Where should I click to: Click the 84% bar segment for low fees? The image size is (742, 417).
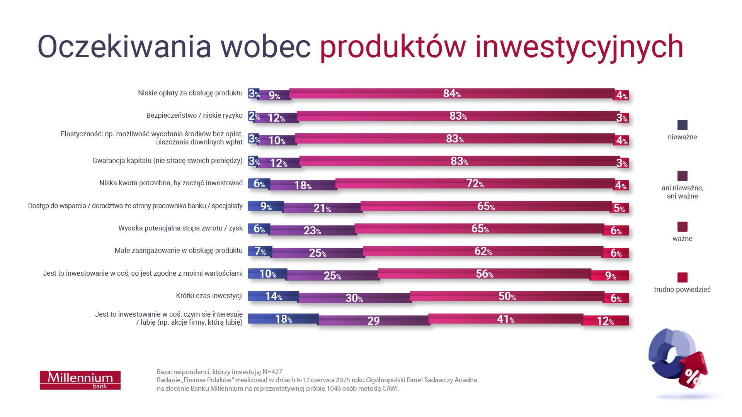coord(451,93)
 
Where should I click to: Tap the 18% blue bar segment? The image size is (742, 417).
coord(283,319)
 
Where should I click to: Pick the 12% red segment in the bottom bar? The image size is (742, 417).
coord(605,321)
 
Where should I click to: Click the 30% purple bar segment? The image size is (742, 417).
coord(354,298)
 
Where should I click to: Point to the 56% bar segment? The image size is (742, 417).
coord(484,274)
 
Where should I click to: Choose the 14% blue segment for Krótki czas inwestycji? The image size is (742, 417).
coord(273,296)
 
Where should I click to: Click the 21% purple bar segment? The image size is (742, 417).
coord(322,208)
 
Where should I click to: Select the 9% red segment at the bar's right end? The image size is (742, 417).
coord(610,276)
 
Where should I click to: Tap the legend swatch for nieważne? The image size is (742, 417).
coord(682,125)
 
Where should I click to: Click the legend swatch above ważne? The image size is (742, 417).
coord(682,227)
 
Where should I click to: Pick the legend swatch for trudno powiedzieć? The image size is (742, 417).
coord(682,277)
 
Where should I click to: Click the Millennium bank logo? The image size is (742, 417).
coord(80,380)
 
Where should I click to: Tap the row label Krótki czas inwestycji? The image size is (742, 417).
coord(209,296)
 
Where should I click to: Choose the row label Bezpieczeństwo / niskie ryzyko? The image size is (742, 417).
coord(194,115)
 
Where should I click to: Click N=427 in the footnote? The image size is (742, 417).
coord(272,372)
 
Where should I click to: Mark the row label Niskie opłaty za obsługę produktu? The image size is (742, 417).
coord(190,93)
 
